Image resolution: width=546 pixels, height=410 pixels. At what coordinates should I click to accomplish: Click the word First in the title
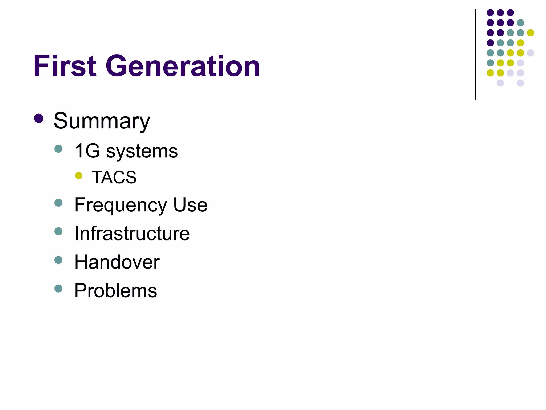(65, 66)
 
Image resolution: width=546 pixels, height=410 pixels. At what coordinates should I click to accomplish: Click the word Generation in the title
(183, 66)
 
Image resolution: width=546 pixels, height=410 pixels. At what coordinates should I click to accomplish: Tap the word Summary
(102, 121)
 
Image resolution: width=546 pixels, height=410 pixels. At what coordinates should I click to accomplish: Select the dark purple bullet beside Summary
(39, 118)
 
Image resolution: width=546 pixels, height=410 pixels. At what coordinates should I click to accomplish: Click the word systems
(142, 152)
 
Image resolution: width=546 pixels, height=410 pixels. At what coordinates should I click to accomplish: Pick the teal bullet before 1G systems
(58, 149)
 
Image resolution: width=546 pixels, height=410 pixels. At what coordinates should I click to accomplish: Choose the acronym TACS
(114, 177)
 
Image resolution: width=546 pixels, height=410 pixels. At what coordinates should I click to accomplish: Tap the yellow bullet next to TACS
(79, 175)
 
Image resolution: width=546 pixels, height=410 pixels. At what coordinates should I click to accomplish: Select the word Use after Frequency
(190, 205)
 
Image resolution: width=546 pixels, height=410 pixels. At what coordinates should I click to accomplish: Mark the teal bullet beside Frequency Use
(58, 203)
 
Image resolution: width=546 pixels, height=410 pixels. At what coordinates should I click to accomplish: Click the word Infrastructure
(132, 233)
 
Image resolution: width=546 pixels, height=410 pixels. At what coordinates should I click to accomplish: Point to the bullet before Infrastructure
(58, 231)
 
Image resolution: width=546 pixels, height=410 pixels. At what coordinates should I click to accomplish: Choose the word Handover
(117, 262)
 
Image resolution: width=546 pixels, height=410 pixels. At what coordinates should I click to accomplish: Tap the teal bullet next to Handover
(58, 260)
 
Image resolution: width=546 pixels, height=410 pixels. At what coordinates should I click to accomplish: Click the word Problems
(116, 290)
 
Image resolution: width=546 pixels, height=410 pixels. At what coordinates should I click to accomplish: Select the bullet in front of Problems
(58, 288)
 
